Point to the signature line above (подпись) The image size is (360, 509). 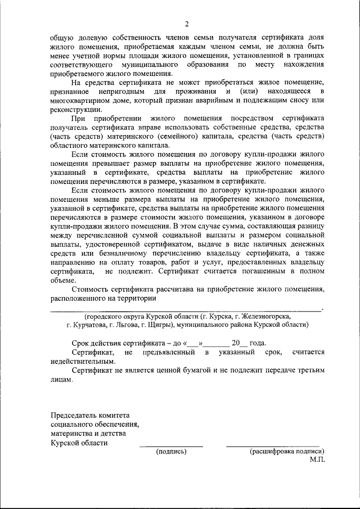pyautogui.click(x=171, y=446)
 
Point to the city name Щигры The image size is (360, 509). pyautogui.click(x=159, y=325)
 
